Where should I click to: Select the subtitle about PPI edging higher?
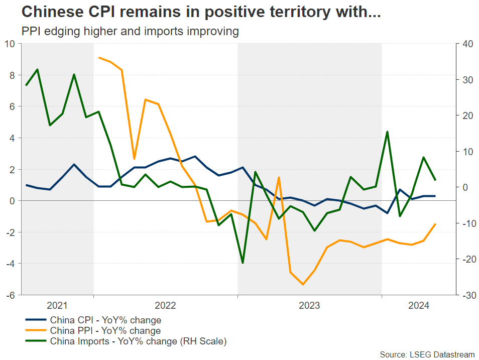pyautogui.click(x=130, y=31)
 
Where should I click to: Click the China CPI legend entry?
pyautogui.click(x=105, y=320)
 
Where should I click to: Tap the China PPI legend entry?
pyautogui.click(x=105, y=331)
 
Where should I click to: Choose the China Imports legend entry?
pyautogui.click(x=138, y=342)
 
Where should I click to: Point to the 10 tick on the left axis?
pyautogui.click(x=11, y=44)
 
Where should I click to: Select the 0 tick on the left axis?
pyautogui.click(x=13, y=201)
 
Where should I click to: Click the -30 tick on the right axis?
pyautogui.click(x=464, y=295)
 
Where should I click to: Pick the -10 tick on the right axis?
pyautogui.click(x=464, y=223)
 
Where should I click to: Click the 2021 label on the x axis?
pyautogui.click(x=57, y=305)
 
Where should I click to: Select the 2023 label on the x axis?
pyautogui.click(x=309, y=305)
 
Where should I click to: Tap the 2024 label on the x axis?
pyautogui.click(x=418, y=305)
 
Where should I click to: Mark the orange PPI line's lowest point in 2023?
pyautogui.click(x=303, y=285)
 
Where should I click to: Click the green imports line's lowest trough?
pyautogui.click(x=243, y=263)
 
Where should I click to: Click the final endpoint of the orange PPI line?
pyautogui.click(x=435, y=224)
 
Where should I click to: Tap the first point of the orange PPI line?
pyautogui.click(x=99, y=58)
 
